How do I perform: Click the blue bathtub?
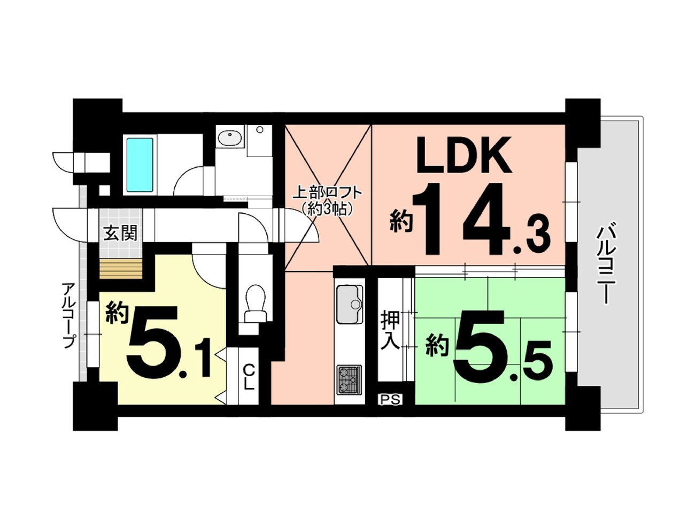coord(140,165)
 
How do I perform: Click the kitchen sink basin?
coord(349,304)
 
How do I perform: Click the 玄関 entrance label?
coord(120,234)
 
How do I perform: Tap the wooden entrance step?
coord(121,269)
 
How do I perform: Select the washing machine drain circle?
coord(260,129)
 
